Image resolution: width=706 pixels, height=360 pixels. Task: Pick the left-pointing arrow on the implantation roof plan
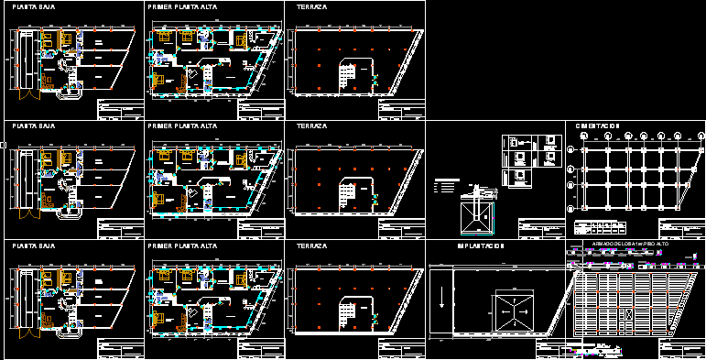coord(499,310)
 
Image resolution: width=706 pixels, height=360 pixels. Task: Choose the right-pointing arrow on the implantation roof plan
coord(534,310)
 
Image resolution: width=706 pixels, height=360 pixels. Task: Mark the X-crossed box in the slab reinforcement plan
coord(628,314)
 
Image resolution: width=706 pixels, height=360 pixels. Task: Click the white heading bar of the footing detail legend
coord(446,179)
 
